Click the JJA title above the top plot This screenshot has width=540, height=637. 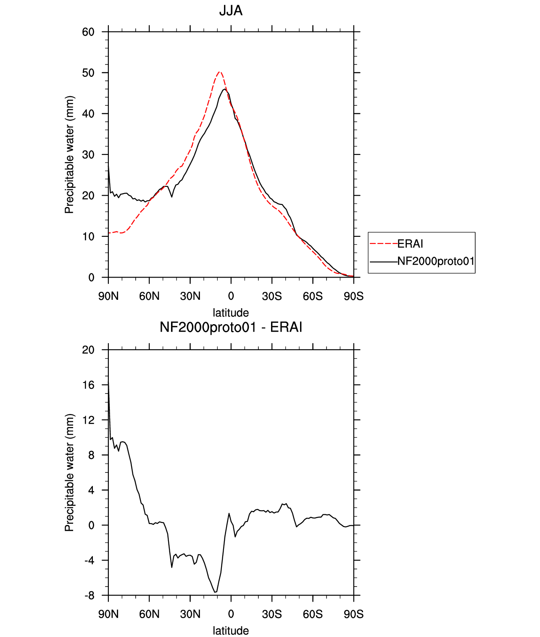[231, 10]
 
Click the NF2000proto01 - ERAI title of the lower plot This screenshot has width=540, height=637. [231, 327]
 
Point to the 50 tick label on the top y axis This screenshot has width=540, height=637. [88, 73]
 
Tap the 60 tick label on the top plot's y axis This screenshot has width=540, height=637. [88, 32]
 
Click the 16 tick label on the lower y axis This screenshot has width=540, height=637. [88, 385]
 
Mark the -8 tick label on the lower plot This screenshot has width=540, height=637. [89, 596]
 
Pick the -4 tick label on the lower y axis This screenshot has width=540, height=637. [89, 561]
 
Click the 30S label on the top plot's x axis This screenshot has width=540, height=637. [272, 296]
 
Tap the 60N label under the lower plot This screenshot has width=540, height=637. [149, 614]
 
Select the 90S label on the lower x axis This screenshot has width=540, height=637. [354, 614]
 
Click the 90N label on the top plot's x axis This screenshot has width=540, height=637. [108, 296]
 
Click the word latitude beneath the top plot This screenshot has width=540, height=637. [231, 313]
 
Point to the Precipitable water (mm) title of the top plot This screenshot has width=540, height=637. [69, 155]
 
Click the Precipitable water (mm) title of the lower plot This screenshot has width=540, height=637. [69, 473]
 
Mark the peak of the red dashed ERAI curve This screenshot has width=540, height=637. [219, 72]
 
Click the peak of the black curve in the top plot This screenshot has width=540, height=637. [224, 89]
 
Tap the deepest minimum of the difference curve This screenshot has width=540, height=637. [215, 592]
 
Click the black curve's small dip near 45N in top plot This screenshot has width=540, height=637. [172, 197]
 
